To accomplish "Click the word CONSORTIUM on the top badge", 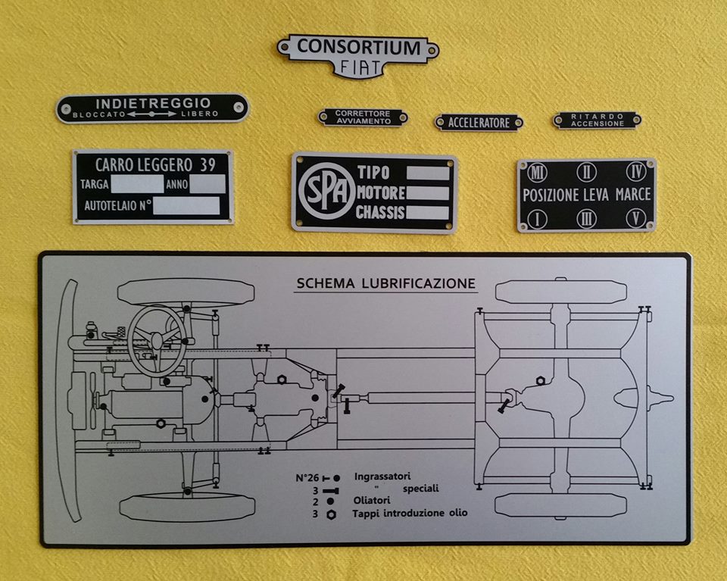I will [358, 47].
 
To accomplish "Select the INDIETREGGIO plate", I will [153, 108].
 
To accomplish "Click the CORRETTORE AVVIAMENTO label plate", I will [363, 117].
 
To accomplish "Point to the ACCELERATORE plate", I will [479, 122].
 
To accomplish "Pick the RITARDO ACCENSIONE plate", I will [598, 120].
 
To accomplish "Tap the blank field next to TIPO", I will [428, 173].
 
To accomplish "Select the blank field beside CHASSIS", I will [428, 212].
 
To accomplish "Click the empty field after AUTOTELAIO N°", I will [186, 205].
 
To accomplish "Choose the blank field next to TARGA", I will [137, 183].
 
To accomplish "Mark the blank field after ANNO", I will [207, 183].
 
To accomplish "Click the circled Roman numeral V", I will [636, 218].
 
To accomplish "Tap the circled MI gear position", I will [537, 172].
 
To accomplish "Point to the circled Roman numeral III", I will [587, 218].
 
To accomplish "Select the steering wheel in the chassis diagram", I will [157, 339].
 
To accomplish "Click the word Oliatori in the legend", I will [371, 501].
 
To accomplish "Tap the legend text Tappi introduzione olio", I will [409, 514].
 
